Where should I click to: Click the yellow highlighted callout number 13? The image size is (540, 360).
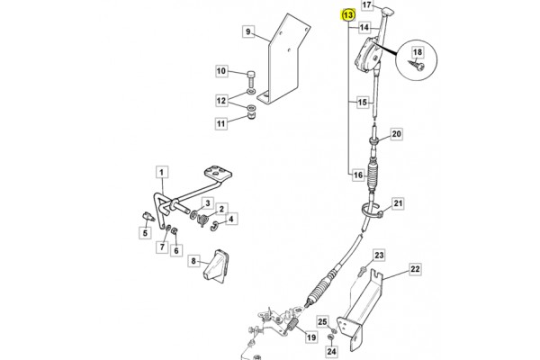(348, 15)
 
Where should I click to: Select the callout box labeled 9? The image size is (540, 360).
(248, 32)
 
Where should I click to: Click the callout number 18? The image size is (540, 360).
(418, 52)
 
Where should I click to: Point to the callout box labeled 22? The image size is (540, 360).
(415, 269)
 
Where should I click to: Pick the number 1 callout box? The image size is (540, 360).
(162, 172)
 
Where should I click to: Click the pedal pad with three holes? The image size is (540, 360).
(218, 174)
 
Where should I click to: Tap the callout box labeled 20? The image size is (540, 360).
(396, 134)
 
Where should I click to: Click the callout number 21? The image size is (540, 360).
(398, 203)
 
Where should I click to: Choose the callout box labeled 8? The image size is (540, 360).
(193, 261)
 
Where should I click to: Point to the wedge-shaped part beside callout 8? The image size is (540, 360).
(215, 266)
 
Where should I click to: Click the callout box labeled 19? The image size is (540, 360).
(311, 337)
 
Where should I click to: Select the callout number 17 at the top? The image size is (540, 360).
(367, 5)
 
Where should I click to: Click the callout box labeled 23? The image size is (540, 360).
(379, 256)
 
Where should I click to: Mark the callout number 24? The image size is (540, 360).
(331, 351)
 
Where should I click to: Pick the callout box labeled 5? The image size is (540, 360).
(145, 233)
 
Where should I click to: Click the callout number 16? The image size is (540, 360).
(358, 175)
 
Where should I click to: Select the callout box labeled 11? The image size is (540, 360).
(221, 123)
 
